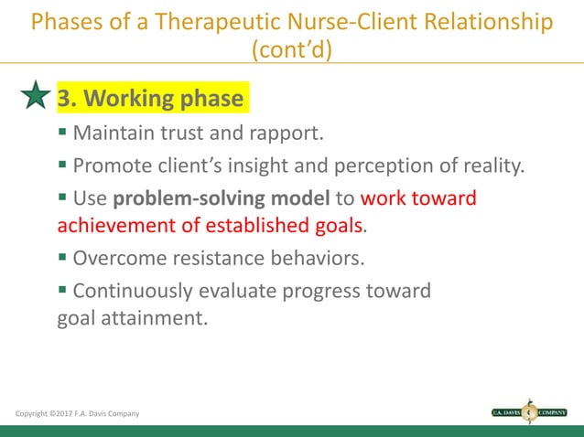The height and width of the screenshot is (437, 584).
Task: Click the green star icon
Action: (x=35, y=95)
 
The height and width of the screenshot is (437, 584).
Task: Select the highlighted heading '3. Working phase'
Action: (x=151, y=98)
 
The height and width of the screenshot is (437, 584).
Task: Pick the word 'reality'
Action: (x=492, y=166)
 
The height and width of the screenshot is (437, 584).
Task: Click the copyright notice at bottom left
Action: (x=77, y=414)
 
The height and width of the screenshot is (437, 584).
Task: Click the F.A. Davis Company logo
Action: (x=529, y=412)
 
